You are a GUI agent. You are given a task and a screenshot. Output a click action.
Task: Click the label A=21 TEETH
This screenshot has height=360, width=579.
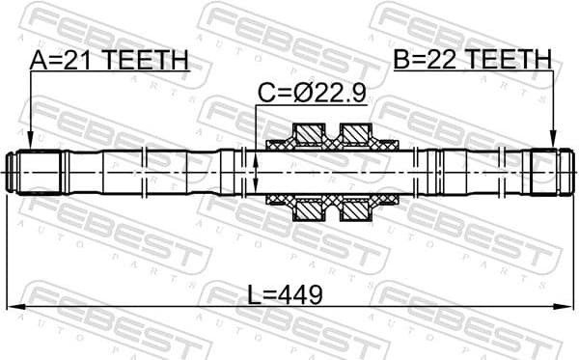(x=108, y=60)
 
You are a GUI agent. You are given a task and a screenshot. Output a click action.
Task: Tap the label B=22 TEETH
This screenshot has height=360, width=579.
(x=473, y=60)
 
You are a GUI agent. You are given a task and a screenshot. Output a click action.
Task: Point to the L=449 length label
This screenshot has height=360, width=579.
(x=288, y=292)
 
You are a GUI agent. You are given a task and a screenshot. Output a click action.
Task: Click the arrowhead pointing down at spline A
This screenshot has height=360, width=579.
(x=30, y=143)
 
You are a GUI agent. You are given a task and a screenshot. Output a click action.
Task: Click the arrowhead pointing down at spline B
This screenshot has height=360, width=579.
(x=553, y=143)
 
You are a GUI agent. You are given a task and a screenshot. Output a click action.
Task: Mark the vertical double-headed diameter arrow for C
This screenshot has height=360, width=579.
(x=256, y=172)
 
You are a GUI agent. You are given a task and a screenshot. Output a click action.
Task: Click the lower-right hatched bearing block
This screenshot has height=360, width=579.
(x=356, y=210)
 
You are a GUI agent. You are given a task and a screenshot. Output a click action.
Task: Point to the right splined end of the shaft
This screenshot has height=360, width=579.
(x=545, y=172)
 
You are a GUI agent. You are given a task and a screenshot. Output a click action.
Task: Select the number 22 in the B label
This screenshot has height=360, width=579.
(x=448, y=60)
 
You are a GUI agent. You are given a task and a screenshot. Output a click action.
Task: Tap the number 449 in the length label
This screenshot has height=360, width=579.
(x=303, y=292)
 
